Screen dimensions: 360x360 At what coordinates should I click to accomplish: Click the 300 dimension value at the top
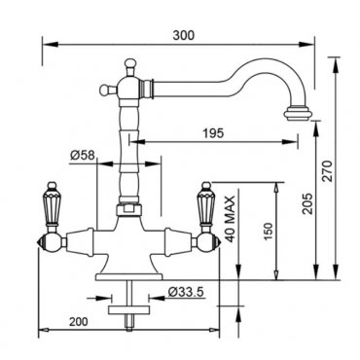pyautogui.click(x=184, y=35)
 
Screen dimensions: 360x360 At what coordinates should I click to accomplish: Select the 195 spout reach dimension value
pyautogui.click(x=213, y=133)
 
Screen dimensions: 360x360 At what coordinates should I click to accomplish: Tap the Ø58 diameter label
pyautogui.click(x=83, y=156)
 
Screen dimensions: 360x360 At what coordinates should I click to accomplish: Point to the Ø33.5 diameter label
pyautogui.click(x=186, y=292)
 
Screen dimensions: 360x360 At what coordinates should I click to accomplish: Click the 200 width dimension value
pyautogui.click(x=79, y=322)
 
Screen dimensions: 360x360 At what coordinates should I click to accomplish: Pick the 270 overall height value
pyautogui.click(x=328, y=171)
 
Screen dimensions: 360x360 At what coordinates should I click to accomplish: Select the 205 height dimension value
pyautogui.click(x=308, y=203)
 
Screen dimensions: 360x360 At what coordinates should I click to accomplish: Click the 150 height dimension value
pyautogui.click(x=269, y=232)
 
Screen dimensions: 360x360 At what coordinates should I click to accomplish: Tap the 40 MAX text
pyautogui.click(x=230, y=219)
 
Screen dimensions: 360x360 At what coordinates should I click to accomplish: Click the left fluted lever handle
pyautogui.click(x=51, y=204)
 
